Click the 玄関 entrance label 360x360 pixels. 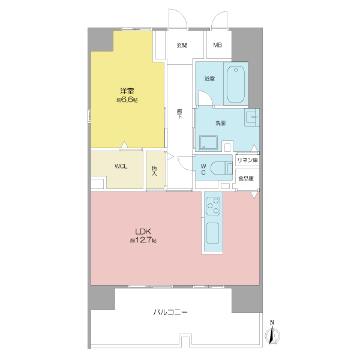pyautogui.click(x=182, y=46)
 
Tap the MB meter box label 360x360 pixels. pyautogui.click(x=217, y=45)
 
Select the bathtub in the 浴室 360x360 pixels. pyautogui.click(x=236, y=85)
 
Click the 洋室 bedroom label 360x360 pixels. pyautogui.click(x=127, y=91)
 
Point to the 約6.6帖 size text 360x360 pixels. pyautogui.click(x=127, y=100)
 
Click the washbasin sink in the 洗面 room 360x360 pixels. pyautogui.click(x=252, y=117)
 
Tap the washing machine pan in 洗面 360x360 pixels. pyautogui.click(x=208, y=143)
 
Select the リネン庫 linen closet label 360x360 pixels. pyautogui.click(x=247, y=160)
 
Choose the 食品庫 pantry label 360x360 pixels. pyautogui.click(x=246, y=178)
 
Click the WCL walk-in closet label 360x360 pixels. pyautogui.click(x=121, y=166)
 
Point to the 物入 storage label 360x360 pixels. pyautogui.click(x=154, y=171)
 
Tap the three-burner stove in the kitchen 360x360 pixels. pyautogui.click(x=213, y=206)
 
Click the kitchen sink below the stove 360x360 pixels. pyautogui.click(x=212, y=233)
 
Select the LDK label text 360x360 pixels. pyautogui.click(x=143, y=231)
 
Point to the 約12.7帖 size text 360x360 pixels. pyautogui.click(x=143, y=241)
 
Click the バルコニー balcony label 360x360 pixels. pyautogui.click(x=170, y=312)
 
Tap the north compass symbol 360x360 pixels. pyautogui.click(x=272, y=334)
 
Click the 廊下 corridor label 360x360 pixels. pyautogui.click(x=179, y=114)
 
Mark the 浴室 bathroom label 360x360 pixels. pyautogui.click(x=209, y=79)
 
